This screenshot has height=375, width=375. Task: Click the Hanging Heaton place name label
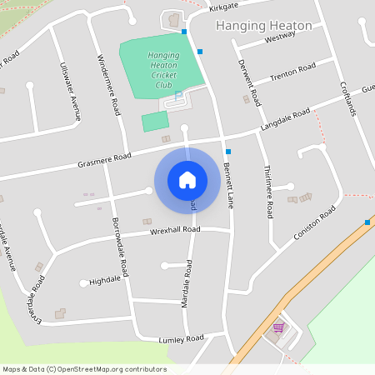263,26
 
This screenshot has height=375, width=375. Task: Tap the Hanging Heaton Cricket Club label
162,70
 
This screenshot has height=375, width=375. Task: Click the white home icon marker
187,179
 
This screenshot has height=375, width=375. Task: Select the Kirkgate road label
223,7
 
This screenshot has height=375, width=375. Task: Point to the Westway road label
279,38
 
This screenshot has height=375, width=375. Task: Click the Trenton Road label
292,72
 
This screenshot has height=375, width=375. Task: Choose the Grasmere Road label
105,156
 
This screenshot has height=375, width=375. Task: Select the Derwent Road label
249,82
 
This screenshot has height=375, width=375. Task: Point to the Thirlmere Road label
267,191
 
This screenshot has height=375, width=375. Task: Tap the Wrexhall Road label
175,229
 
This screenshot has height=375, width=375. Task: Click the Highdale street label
105,281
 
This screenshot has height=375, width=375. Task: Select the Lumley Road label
181,339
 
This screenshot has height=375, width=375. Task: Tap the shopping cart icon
278,327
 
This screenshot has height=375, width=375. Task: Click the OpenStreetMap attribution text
84,369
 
